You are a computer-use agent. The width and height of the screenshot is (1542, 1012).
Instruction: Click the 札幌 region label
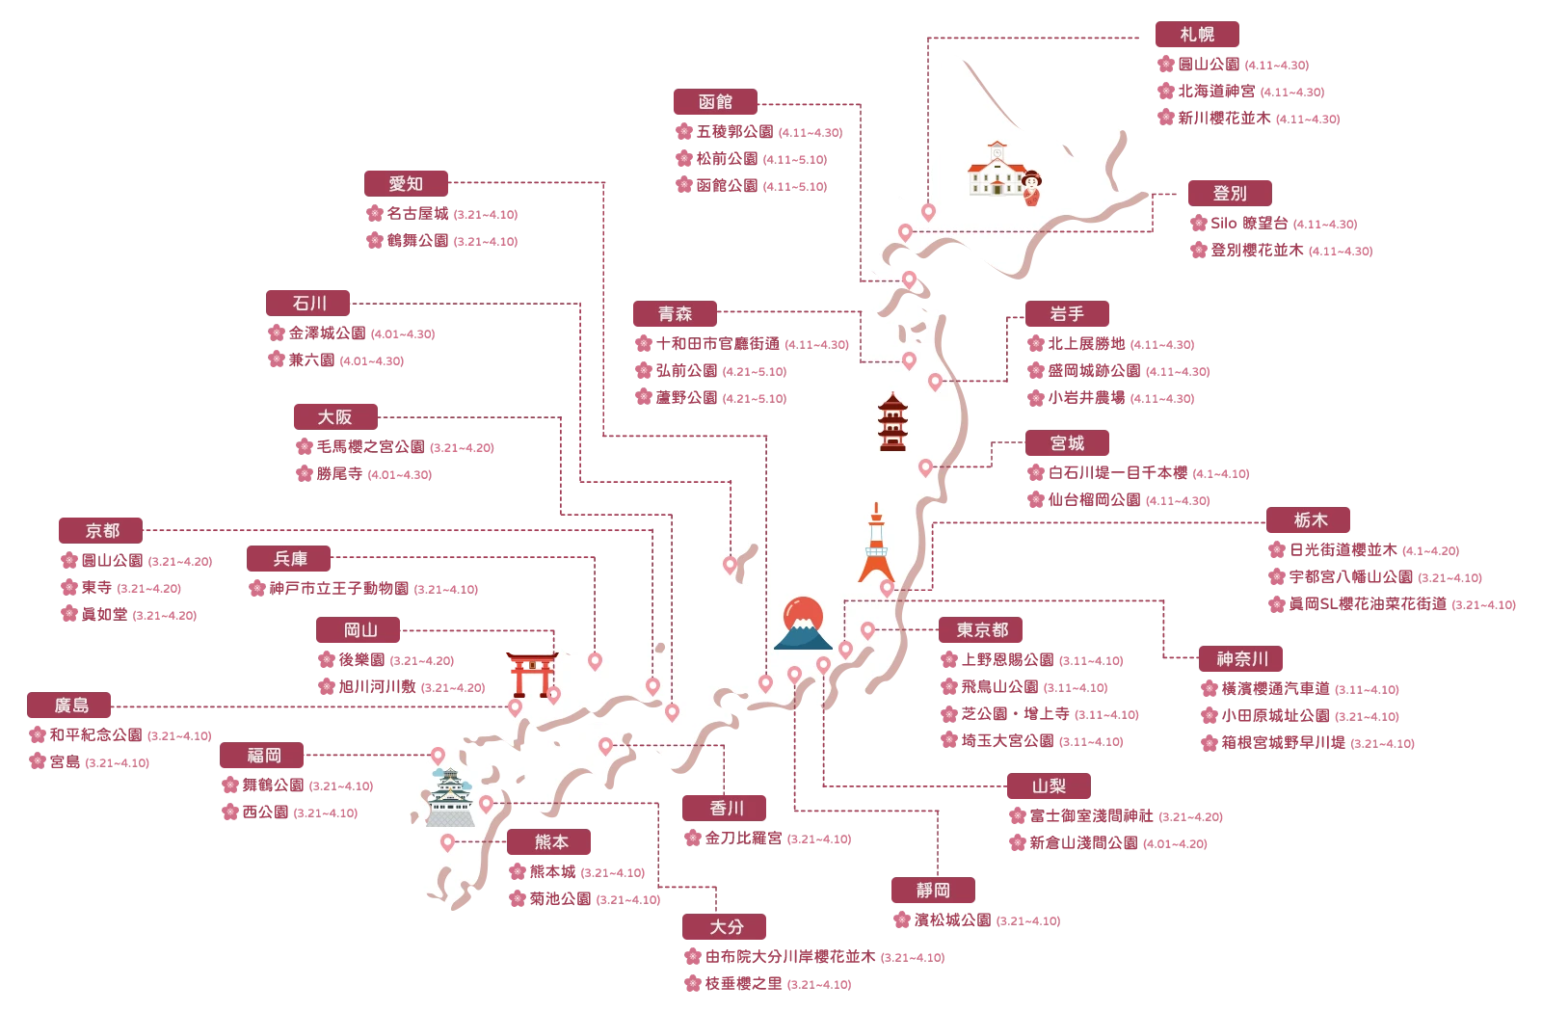[x=1197, y=35]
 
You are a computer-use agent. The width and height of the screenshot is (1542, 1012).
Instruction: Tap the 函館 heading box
[x=716, y=101]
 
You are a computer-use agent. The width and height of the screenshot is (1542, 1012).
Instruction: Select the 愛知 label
[x=406, y=184]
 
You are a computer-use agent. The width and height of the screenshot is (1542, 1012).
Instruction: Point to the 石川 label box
[x=309, y=303]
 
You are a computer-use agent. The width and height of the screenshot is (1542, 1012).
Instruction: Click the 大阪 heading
[x=335, y=417]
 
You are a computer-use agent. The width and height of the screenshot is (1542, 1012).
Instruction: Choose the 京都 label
[x=102, y=530]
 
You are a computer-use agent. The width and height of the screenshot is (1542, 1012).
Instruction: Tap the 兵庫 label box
[x=290, y=559]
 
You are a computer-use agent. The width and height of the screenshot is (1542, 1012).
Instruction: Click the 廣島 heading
[x=71, y=706]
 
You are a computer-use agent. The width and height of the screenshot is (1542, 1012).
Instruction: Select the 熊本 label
[x=551, y=842]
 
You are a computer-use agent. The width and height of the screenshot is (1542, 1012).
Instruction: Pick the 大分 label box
[x=727, y=927]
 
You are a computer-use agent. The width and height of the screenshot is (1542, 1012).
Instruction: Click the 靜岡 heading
[x=933, y=891]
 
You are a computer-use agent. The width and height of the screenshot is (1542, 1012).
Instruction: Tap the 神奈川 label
[x=1242, y=659]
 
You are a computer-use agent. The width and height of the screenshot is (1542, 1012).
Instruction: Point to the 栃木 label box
[x=1310, y=520]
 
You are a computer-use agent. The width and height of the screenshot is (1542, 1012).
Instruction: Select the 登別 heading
[x=1230, y=194]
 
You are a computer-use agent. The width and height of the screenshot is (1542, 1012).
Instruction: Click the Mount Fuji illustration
[x=803, y=624]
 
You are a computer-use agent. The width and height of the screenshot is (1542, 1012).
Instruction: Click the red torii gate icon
[x=530, y=672]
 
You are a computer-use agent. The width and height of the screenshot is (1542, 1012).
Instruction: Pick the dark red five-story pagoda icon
[x=892, y=422]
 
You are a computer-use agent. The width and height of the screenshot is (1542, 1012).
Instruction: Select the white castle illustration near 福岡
[x=450, y=798]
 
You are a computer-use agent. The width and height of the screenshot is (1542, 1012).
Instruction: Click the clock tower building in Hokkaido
[x=996, y=170]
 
